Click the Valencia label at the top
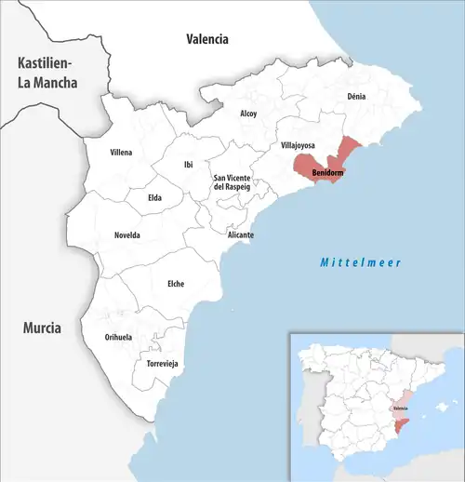206,39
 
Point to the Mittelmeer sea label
360,262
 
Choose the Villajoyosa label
299,146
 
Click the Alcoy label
248,114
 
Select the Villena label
121,152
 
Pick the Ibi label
189,165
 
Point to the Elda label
155,197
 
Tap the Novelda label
127,235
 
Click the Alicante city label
241,235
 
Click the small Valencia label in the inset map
401,408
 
